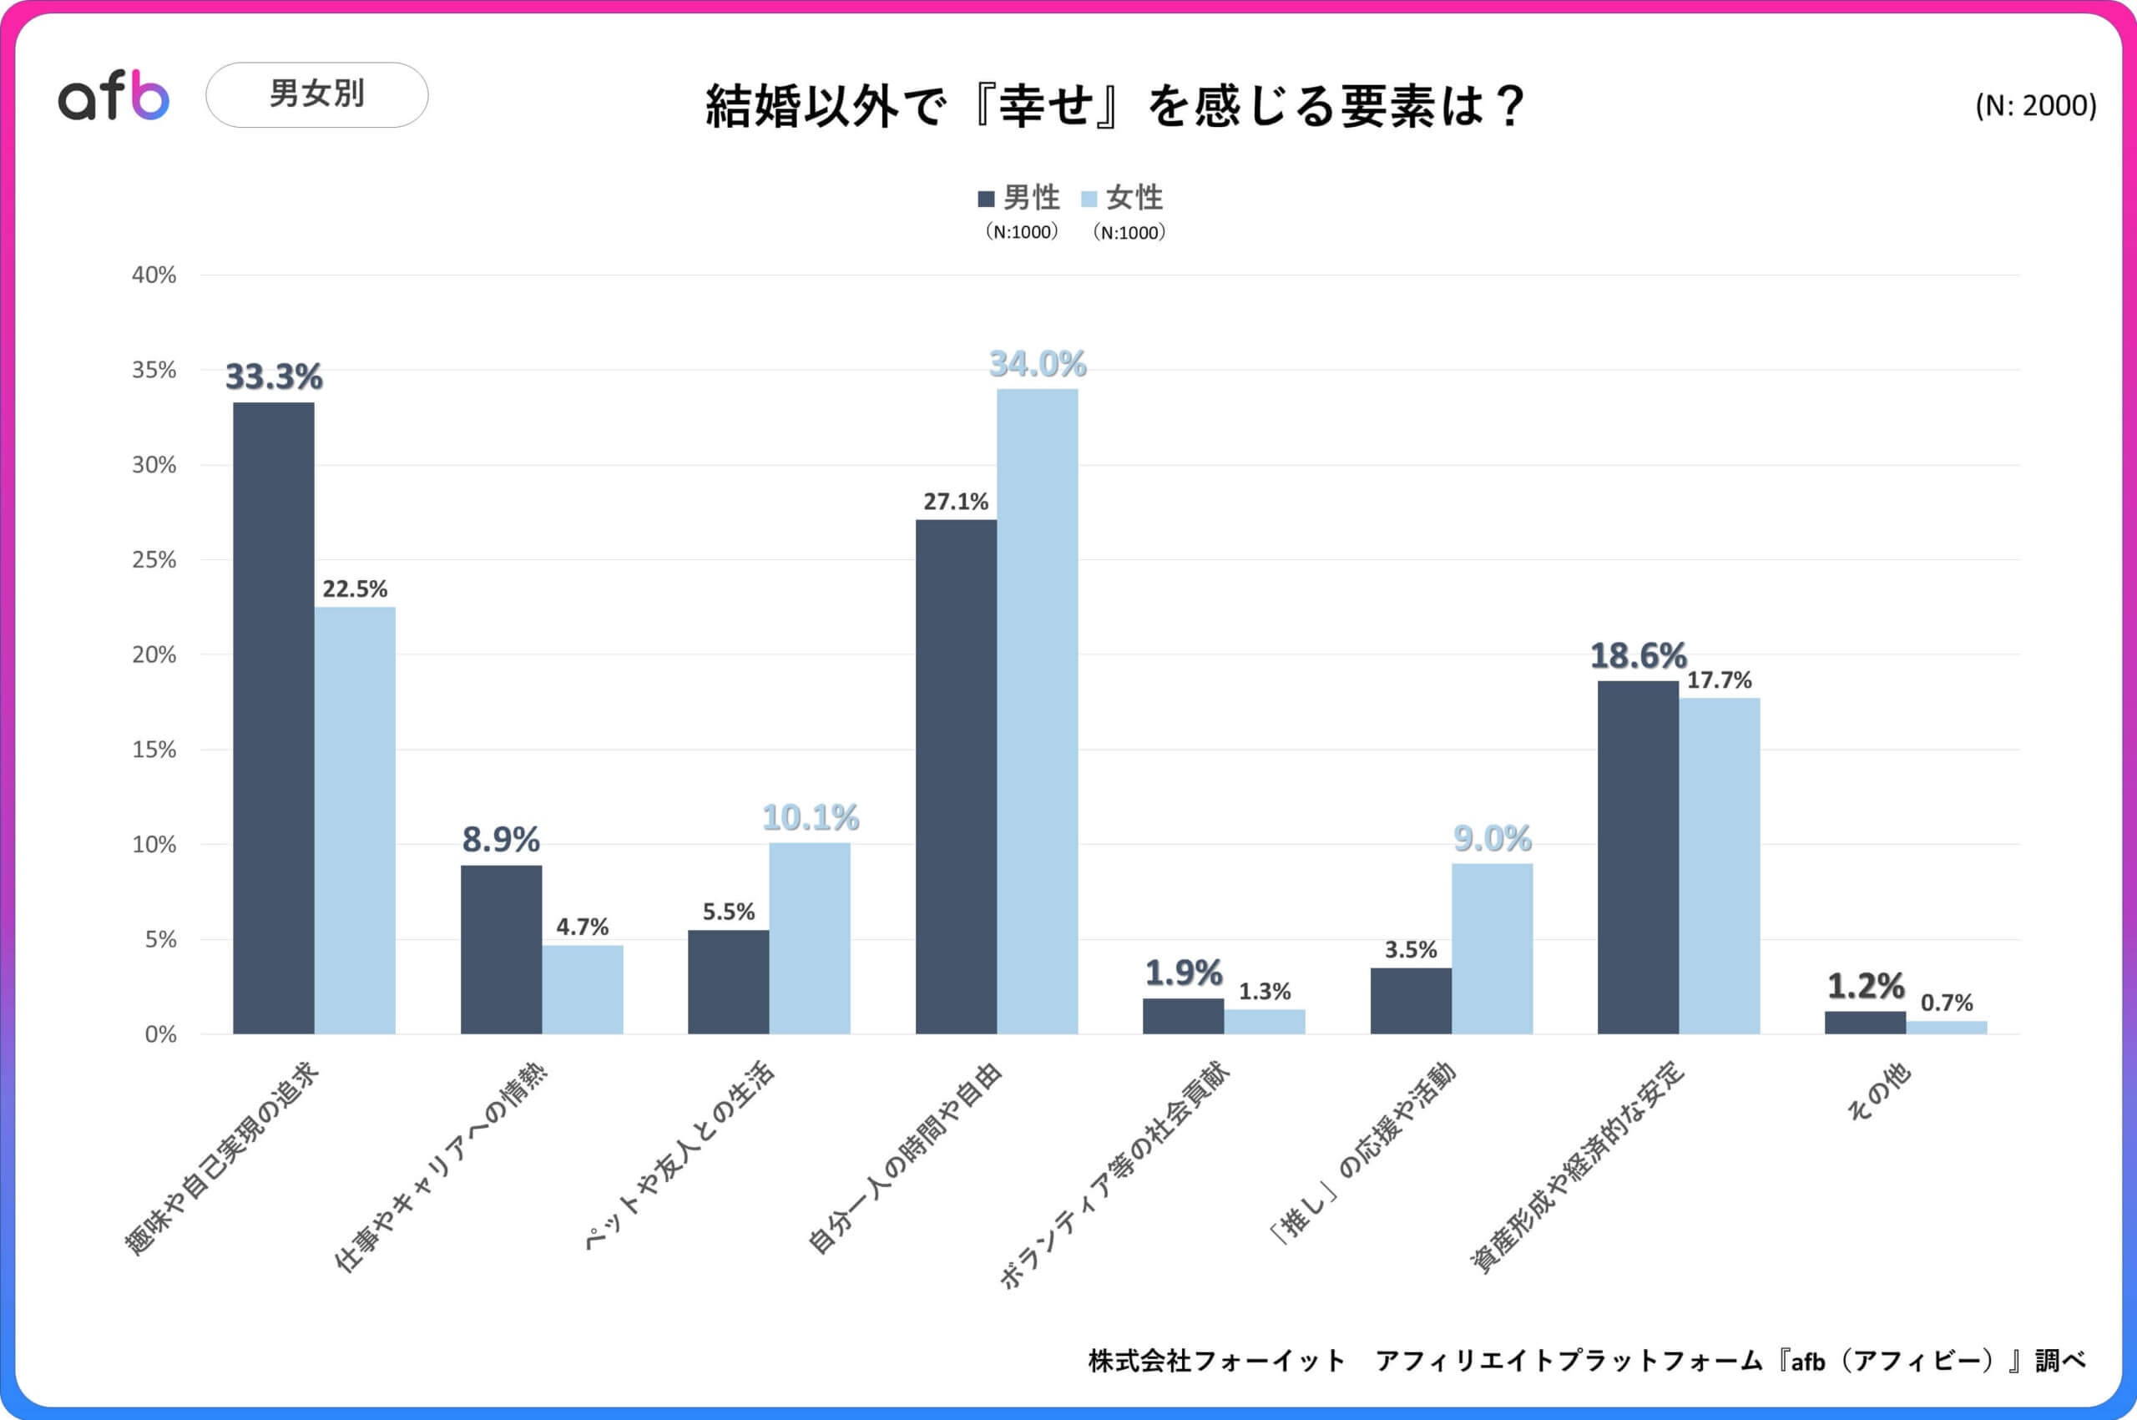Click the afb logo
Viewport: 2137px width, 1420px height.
(x=114, y=96)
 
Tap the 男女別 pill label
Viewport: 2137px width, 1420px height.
(x=316, y=94)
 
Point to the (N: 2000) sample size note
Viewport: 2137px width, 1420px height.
(x=2034, y=106)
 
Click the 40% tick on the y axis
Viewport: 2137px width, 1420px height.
(x=154, y=275)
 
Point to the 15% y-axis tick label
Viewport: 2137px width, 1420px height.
(x=154, y=750)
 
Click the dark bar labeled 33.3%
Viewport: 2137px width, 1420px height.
(x=274, y=717)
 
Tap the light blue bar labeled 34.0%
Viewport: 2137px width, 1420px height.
(x=1037, y=711)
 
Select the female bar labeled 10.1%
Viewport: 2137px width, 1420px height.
(x=810, y=938)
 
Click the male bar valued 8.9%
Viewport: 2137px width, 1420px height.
(x=501, y=949)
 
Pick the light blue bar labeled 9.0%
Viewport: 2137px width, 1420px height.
(x=1492, y=948)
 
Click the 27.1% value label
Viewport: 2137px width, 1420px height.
(x=955, y=502)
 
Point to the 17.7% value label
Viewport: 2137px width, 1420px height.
(x=1719, y=680)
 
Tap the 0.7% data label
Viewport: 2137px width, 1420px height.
(x=1946, y=1003)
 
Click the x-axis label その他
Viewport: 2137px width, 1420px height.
(x=1878, y=1090)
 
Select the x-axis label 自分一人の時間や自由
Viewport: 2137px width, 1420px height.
(x=905, y=1158)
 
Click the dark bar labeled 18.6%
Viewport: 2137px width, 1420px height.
(x=1637, y=857)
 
